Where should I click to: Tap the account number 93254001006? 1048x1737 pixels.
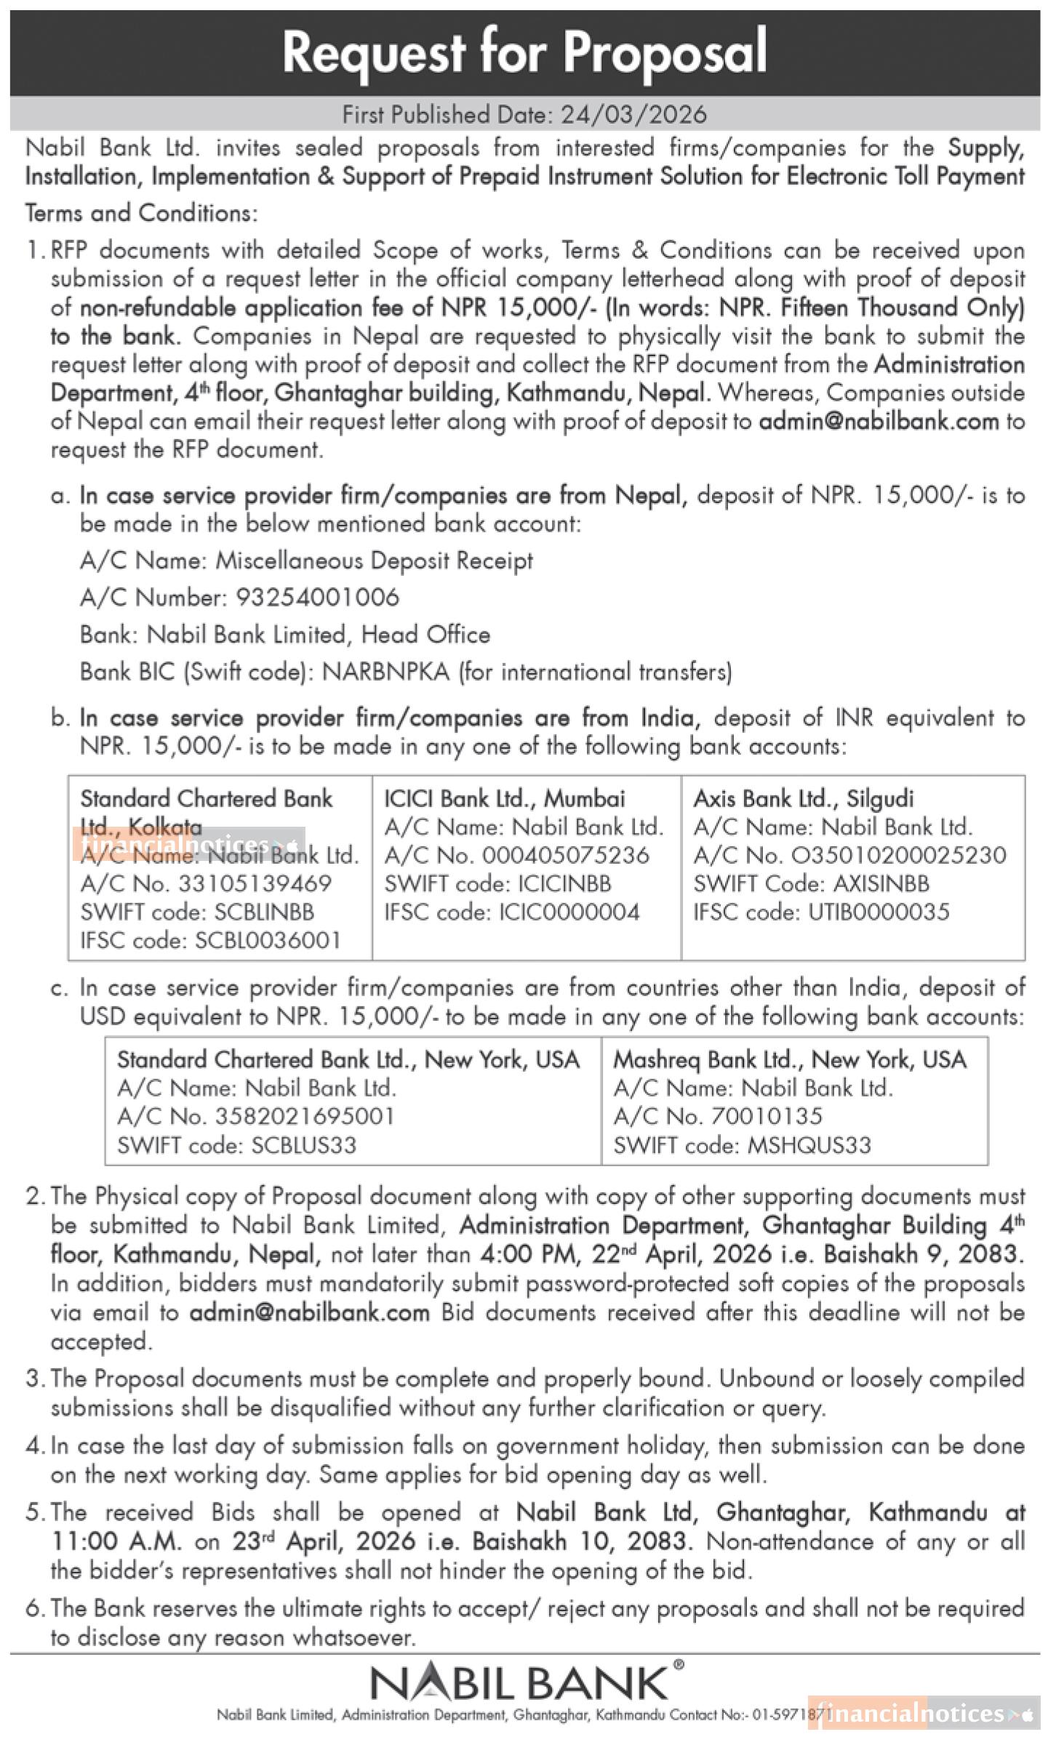point(317,598)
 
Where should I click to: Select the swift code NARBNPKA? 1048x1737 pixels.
point(385,672)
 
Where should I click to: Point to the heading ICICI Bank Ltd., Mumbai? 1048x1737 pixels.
point(504,799)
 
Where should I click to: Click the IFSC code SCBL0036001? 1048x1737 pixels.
point(268,941)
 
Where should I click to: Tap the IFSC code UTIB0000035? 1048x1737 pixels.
point(879,912)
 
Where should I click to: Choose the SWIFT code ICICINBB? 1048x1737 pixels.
point(564,884)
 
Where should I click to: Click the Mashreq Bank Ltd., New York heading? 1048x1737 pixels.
point(789,1060)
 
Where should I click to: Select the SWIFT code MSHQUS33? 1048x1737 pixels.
point(805,1146)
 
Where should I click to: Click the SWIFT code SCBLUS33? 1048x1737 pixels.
point(304,1146)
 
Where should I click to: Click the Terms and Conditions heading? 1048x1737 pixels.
point(141,213)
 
